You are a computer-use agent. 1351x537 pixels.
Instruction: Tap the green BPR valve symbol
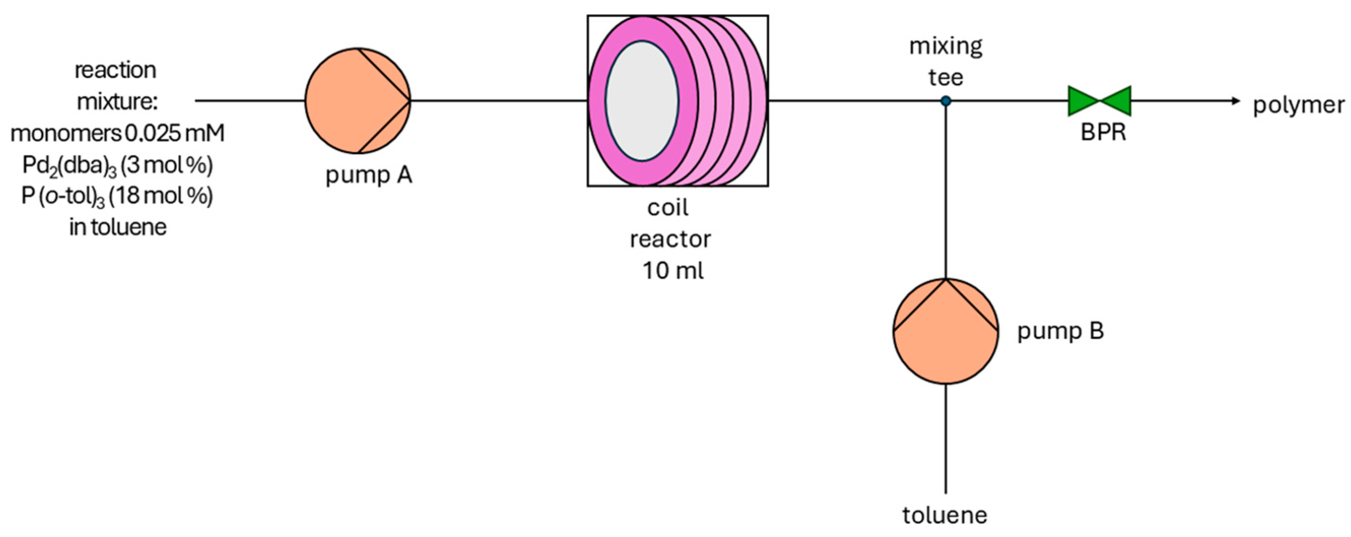1099,101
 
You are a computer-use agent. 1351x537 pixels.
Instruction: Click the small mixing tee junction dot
945,101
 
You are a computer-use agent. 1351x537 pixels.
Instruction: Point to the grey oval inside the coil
642,101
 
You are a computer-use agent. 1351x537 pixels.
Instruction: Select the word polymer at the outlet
1299,105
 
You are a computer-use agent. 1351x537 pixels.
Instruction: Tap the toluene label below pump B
945,515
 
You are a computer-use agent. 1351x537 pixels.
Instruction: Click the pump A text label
369,175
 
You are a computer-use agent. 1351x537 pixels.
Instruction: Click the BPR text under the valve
1103,132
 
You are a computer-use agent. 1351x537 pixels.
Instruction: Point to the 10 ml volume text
673,271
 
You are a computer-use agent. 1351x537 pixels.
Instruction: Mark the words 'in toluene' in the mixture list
117,227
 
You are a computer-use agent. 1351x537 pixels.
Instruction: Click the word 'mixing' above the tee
945,46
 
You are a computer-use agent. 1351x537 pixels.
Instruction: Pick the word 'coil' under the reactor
668,208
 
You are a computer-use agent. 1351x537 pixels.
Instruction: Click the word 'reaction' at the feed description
115,70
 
